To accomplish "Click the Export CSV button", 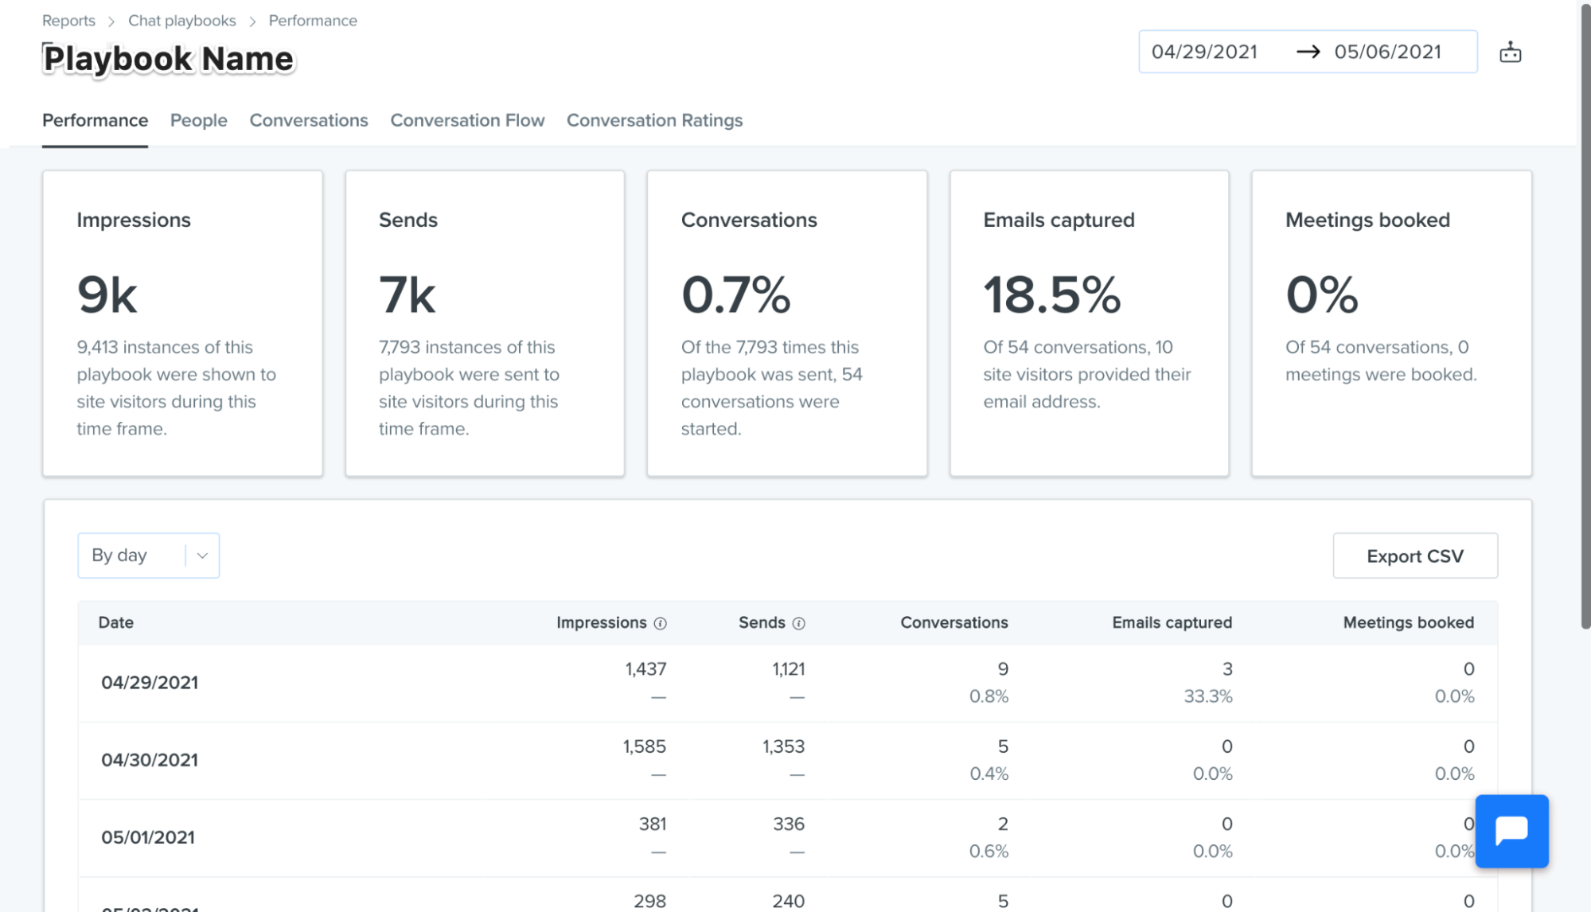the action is pyautogui.click(x=1415, y=555).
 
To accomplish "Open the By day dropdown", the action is pyautogui.click(x=148, y=555).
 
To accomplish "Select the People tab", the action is pyautogui.click(x=199, y=120).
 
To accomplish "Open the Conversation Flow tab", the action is pyautogui.click(x=467, y=120).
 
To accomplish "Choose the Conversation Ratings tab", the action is pyautogui.click(x=654, y=120).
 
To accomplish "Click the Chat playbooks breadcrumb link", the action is pyautogui.click(x=182, y=21).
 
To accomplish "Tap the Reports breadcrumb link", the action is pyautogui.click(x=68, y=21).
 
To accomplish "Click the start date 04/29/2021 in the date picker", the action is pyautogui.click(x=1204, y=52).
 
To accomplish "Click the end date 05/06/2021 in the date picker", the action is pyautogui.click(x=1387, y=52).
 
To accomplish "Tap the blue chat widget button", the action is pyautogui.click(x=1511, y=831).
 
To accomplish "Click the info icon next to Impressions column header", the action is pyautogui.click(x=660, y=624).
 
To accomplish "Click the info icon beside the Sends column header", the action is pyautogui.click(x=798, y=624).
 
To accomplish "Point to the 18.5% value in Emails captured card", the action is pyautogui.click(x=1052, y=295).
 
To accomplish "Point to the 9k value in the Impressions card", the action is pyautogui.click(x=107, y=295).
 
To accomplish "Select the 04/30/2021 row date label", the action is pyautogui.click(x=150, y=760).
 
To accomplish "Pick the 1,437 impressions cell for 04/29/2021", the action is pyautogui.click(x=645, y=669).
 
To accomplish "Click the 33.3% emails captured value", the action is pyautogui.click(x=1208, y=696).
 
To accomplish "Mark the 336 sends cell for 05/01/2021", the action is pyautogui.click(x=789, y=824).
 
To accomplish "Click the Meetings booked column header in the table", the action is pyautogui.click(x=1409, y=622).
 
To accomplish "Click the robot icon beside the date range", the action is pyautogui.click(x=1511, y=53).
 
